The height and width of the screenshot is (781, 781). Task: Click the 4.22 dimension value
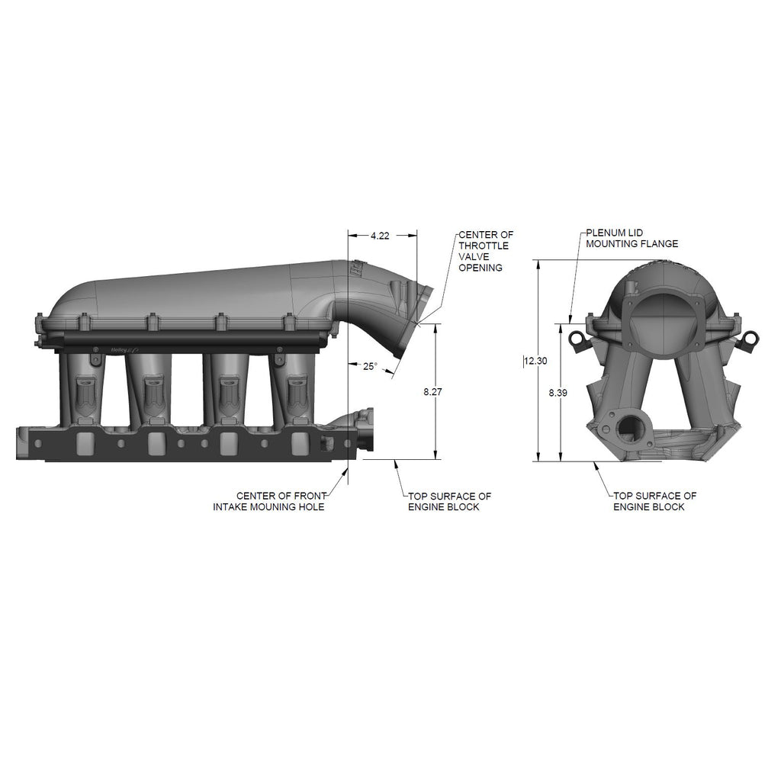pos(380,236)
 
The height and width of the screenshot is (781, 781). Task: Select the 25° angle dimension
pos(370,367)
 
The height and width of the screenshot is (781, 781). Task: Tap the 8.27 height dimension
pos(433,392)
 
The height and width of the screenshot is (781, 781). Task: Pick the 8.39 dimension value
pos(558,393)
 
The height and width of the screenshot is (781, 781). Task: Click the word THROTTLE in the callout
pos(484,246)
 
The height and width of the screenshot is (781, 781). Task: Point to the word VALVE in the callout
pos(474,256)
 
